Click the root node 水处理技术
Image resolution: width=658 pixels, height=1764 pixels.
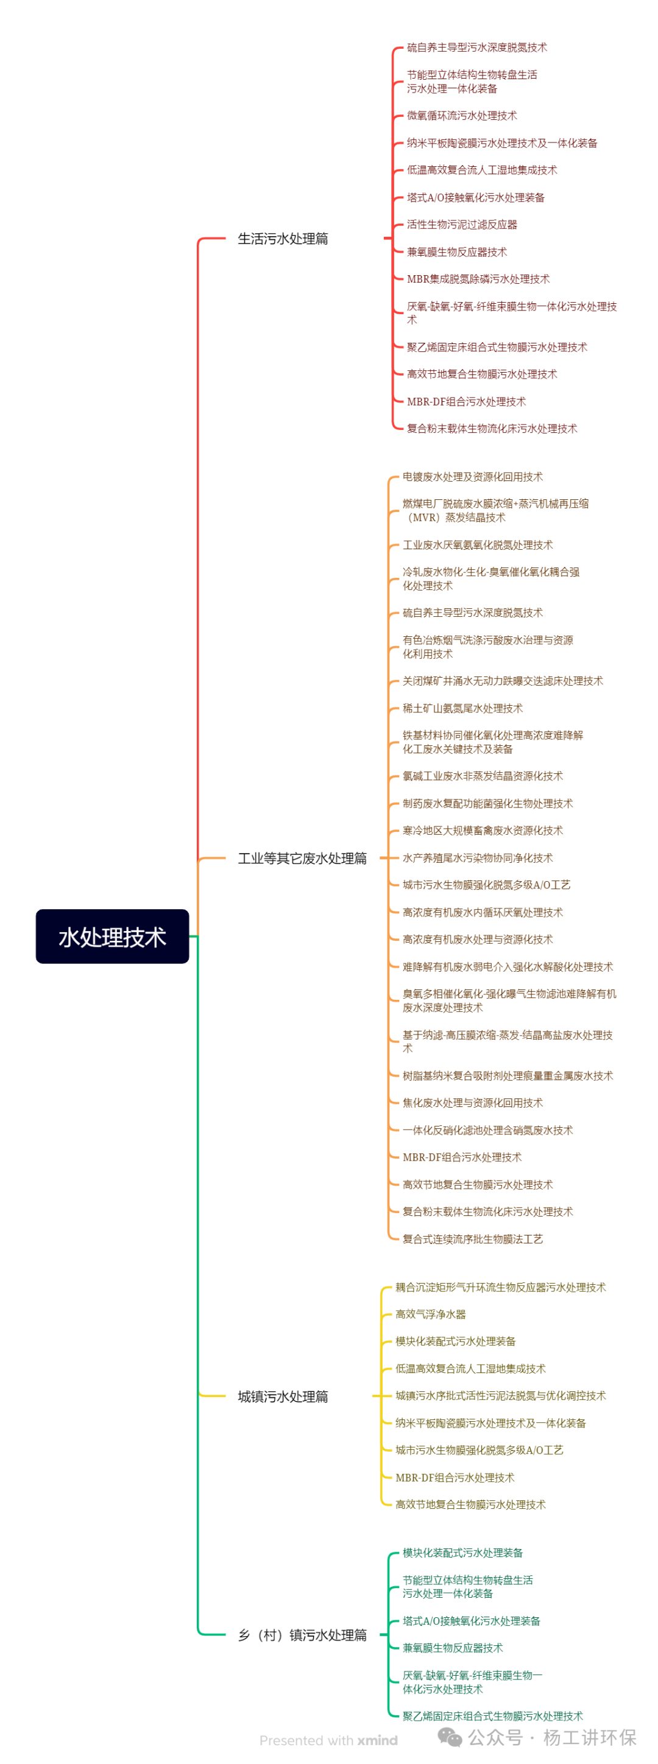click(x=112, y=936)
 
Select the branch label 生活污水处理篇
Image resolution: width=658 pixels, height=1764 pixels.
click(x=283, y=238)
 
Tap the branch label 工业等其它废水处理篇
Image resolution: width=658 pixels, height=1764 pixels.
click(x=302, y=858)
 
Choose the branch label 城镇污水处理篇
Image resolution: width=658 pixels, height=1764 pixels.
click(x=283, y=1396)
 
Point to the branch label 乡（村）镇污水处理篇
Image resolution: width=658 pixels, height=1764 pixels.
click(x=302, y=1634)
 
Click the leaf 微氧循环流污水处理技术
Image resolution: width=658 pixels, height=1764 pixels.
click(x=462, y=116)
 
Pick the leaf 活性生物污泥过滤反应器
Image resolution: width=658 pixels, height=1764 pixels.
click(x=462, y=225)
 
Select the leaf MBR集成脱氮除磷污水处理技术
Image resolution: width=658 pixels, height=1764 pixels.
click(x=478, y=279)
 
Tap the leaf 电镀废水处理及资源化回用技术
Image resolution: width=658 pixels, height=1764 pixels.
click(x=472, y=477)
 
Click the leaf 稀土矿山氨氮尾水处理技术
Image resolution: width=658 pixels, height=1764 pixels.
click(x=462, y=708)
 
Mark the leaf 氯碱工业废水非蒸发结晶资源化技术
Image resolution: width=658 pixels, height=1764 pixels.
click(x=483, y=776)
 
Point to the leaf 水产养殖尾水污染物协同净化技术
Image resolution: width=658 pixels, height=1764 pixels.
click(x=478, y=858)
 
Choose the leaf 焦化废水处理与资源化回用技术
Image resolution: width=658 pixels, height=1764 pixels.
click(x=472, y=1103)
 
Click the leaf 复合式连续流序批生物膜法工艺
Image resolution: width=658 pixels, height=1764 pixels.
click(x=472, y=1239)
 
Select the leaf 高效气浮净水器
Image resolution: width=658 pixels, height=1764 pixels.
click(x=430, y=1314)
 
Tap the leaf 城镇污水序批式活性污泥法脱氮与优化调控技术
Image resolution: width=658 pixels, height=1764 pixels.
click(x=500, y=1396)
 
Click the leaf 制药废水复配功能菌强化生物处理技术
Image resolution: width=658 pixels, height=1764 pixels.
click(x=487, y=803)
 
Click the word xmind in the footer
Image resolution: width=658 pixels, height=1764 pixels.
click(x=377, y=1740)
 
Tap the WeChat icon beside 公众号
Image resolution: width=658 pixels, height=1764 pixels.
click(x=450, y=1737)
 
